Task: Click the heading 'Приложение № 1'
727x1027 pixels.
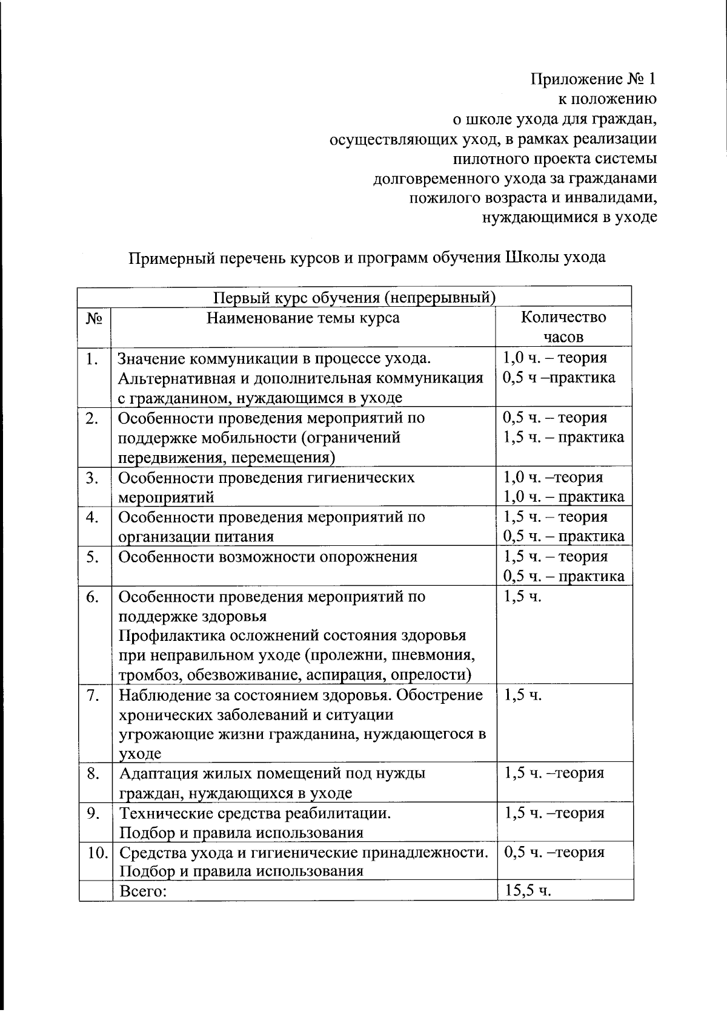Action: point(593,79)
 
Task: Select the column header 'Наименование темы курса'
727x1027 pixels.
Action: point(303,318)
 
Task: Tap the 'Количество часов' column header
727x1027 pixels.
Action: point(563,327)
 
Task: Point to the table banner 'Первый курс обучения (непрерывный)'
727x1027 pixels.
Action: point(354,298)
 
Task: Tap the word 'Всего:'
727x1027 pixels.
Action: point(144,891)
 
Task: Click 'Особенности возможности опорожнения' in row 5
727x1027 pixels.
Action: point(268,557)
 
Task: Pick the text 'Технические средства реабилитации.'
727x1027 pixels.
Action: point(255,813)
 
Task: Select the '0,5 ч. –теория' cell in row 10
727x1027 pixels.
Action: point(554,853)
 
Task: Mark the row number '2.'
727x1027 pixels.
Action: point(93,418)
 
